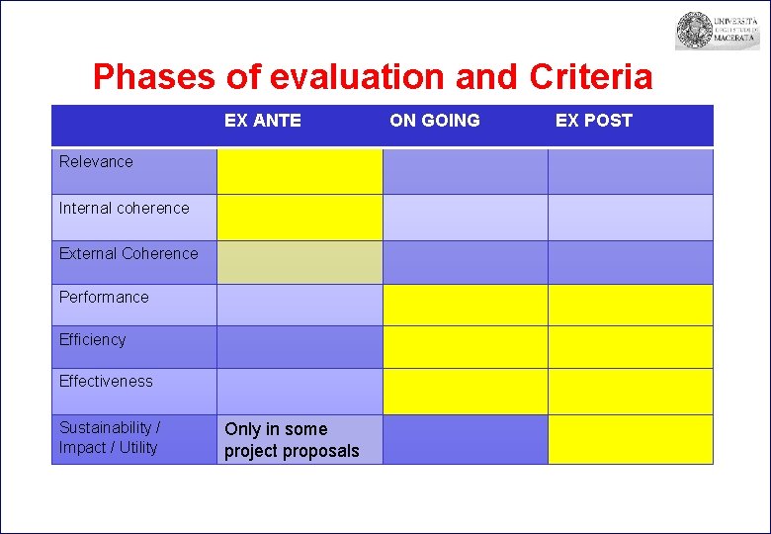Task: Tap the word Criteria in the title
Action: (591, 76)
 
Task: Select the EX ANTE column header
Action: (262, 121)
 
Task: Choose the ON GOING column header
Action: (435, 121)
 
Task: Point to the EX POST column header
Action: (593, 121)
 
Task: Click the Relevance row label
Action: (96, 161)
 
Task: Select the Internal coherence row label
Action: (124, 208)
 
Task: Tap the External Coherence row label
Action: (128, 253)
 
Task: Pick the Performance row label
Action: (104, 297)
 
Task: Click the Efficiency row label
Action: (93, 339)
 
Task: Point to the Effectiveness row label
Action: (106, 381)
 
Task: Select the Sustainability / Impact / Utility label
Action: (110, 437)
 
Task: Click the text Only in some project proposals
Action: (292, 440)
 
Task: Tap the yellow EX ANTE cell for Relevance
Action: (300, 171)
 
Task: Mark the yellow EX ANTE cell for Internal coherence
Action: (300, 217)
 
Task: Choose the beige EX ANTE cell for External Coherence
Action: (300, 262)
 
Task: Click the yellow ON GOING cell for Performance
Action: (465, 305)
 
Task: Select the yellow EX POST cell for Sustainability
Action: (630, 439)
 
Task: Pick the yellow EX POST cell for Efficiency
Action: (630, 347)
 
